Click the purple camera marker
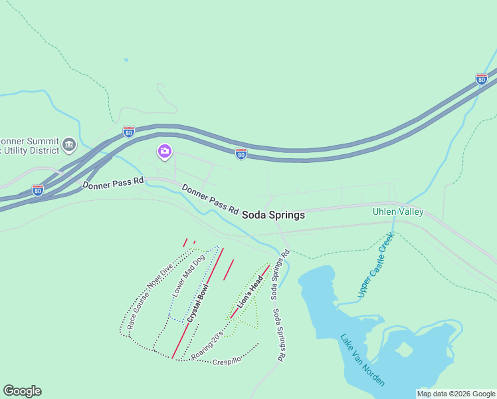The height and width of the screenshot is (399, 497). coord(164,152)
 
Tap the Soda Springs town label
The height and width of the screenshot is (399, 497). coord(273,215)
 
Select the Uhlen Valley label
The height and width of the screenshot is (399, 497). coord(398,212)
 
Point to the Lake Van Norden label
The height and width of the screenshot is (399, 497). coord(362,360)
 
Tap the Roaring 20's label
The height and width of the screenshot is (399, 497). coord(206,348)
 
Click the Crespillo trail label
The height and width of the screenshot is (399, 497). coord(227,362)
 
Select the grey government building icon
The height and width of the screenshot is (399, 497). coord(68,144)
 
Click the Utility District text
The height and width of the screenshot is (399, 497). coord(27,152)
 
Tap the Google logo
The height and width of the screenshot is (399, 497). coord(22,391)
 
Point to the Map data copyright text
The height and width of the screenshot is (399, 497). coord(455,394)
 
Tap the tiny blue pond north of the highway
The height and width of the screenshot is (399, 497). coord(126,60)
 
